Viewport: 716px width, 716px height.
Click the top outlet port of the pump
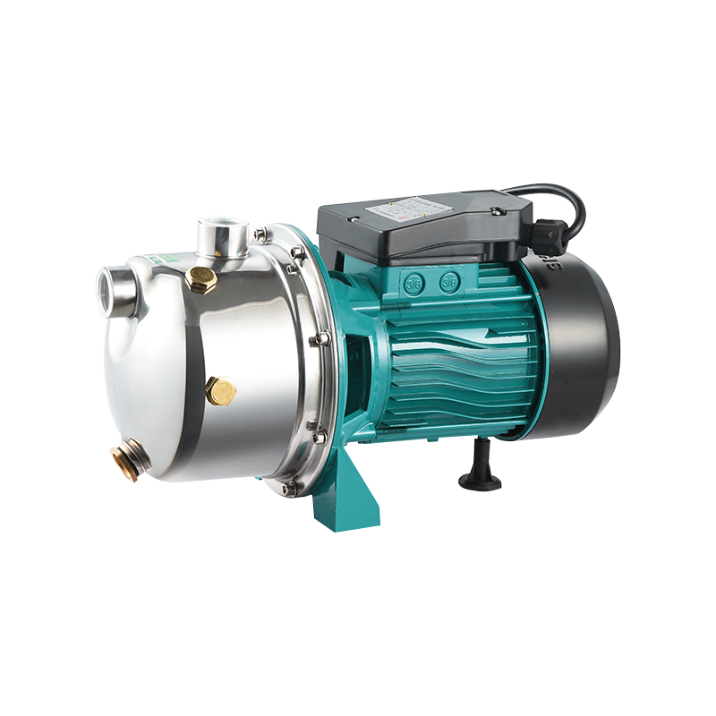[x=223, y=235]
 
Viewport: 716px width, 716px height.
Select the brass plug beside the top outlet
[x=202, y=278]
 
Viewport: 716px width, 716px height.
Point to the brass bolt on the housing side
[x=220, y=390]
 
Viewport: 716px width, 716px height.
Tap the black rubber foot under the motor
[x=480, y=473]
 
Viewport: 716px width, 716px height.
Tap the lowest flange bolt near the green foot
[x=289, y=488]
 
